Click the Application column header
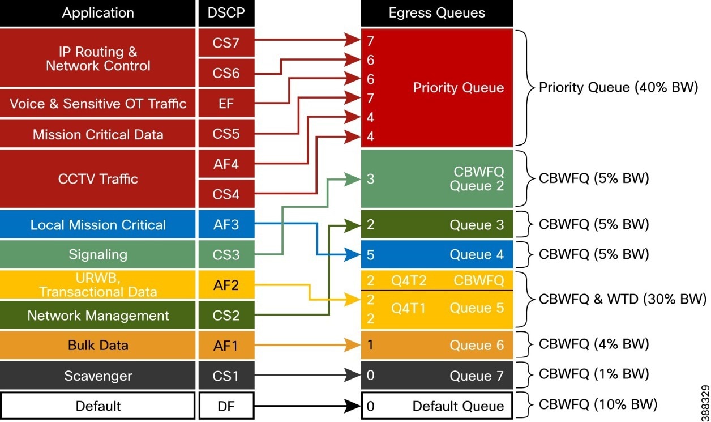point(98,13)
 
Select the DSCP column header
point(226,13)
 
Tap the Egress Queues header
point(436,13)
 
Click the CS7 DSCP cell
point(226,43)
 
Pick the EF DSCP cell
point(226,104)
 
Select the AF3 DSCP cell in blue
point(226,225)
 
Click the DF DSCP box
point(226,406)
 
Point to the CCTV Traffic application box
point(98,179)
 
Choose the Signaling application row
point(98,254)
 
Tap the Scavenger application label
point(98,376)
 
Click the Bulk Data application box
point(98,345)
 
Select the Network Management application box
point(98,316)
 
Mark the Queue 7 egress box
point(436,376)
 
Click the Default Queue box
point(436,406)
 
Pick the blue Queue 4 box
point(436,255)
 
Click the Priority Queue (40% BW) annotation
point(618,87)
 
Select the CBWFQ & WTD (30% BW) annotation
point(622,299)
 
